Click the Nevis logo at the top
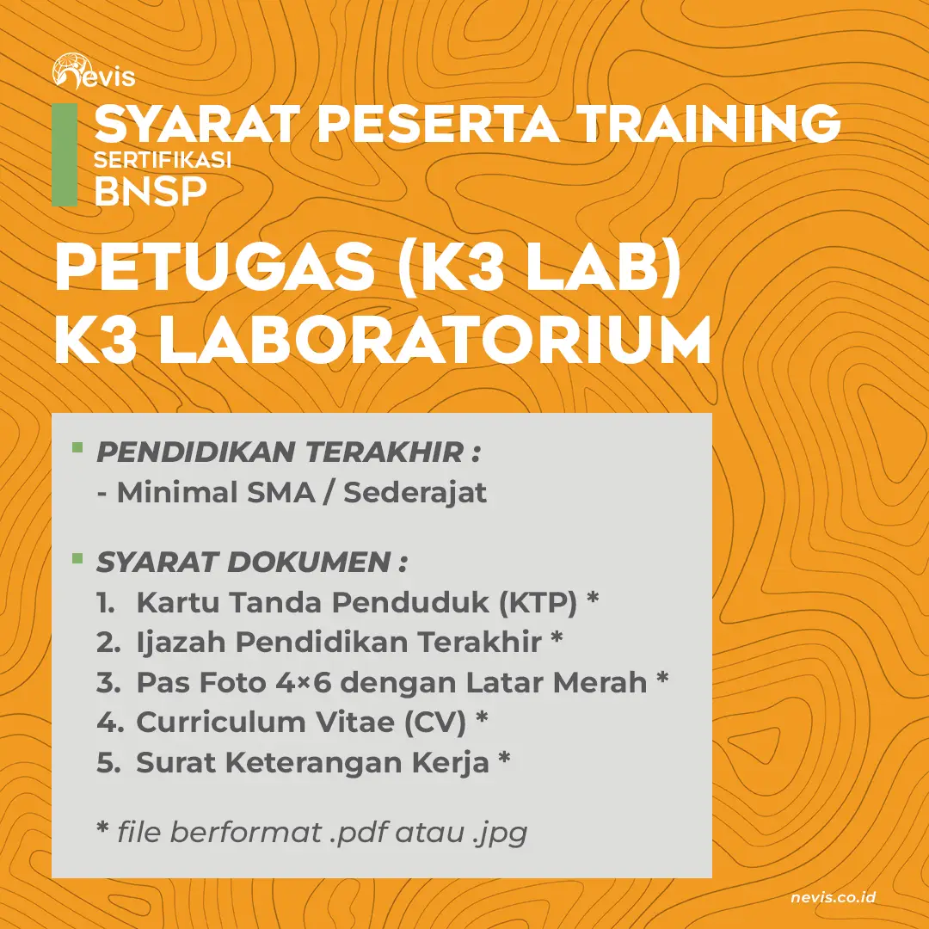93,72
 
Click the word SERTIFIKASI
163,160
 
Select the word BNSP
150,190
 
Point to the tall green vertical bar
64,155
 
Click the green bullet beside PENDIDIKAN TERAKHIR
77,448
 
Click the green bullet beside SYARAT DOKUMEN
77,559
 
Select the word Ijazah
181,643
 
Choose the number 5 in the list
107,763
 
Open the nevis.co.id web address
833,897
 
